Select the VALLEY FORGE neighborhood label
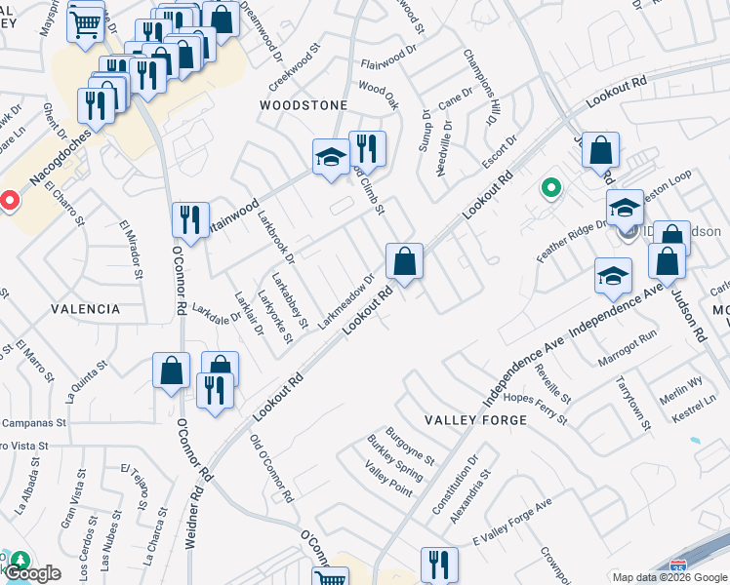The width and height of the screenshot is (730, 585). click(x=475, y=420)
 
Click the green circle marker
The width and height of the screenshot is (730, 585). click(x=550, y=188)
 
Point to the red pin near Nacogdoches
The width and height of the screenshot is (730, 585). click(x=8, y=201)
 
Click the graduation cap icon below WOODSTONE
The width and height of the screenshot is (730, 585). click(x=331, y=158)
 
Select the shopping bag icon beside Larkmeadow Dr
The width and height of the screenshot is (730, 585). click(x=404, y=261)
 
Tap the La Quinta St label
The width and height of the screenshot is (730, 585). click(x=85, y=382)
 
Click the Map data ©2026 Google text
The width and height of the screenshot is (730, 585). click(x=669, y=577)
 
